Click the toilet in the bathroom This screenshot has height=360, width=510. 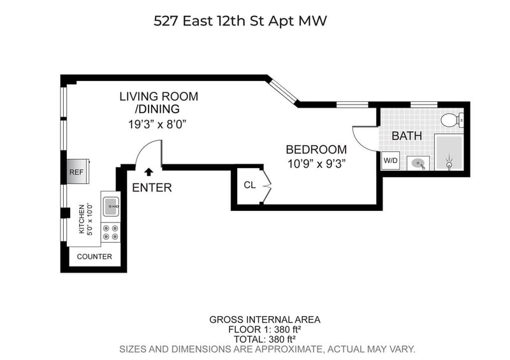452,120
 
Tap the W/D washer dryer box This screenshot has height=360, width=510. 390,161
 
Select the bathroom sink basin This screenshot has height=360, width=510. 418,163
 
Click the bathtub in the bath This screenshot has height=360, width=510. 449,152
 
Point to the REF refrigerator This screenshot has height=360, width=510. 78,171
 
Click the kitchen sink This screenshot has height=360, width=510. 111,206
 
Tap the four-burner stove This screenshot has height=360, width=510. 110,232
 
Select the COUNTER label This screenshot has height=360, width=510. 94,257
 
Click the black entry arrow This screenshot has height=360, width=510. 149,171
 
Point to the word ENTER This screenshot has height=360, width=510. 152,187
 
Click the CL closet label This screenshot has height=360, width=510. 249,185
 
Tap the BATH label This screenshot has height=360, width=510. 407,136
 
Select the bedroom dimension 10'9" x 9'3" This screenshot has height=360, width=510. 316,164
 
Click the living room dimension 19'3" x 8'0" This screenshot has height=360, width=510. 157,124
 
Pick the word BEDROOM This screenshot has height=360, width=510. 316,150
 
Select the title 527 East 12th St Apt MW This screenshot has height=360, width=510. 240,21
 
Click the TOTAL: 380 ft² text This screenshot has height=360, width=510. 265,339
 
